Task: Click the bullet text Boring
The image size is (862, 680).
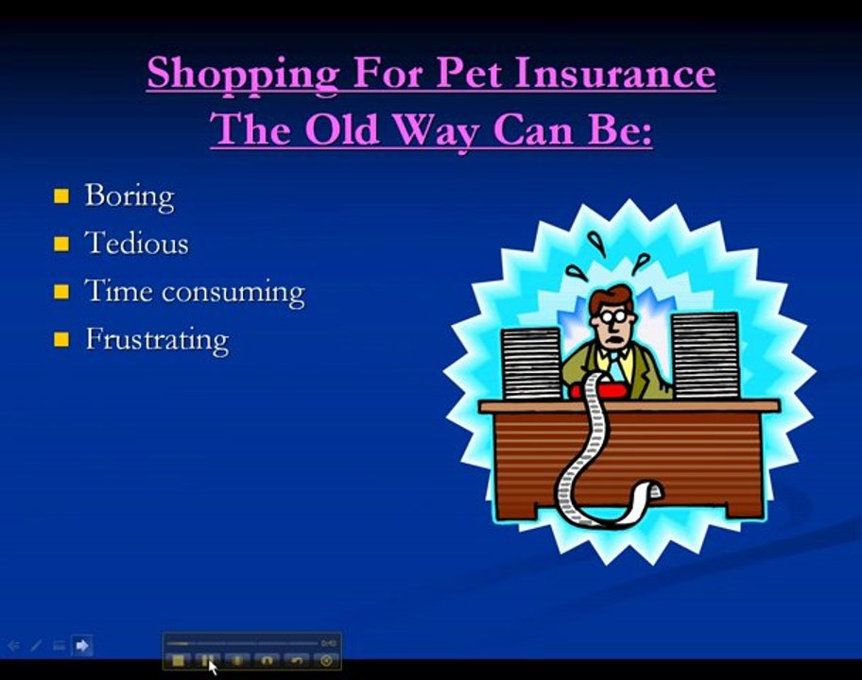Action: coord(129,196)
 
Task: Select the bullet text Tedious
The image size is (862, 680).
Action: coord(137,244)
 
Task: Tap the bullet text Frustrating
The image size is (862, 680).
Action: coord(157,339)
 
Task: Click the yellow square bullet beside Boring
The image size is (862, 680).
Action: coord(61,196)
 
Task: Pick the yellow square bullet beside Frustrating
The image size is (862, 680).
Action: coord(61,339)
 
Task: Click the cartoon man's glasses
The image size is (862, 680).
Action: coord(610,317)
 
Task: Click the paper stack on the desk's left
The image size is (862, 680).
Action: coord(531,363)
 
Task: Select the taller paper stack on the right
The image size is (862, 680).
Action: coord(704,355)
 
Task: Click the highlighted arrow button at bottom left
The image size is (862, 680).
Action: coord(82,646)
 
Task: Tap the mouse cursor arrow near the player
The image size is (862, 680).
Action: coord(212,667)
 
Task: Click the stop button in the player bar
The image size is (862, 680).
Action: coord(178,660)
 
